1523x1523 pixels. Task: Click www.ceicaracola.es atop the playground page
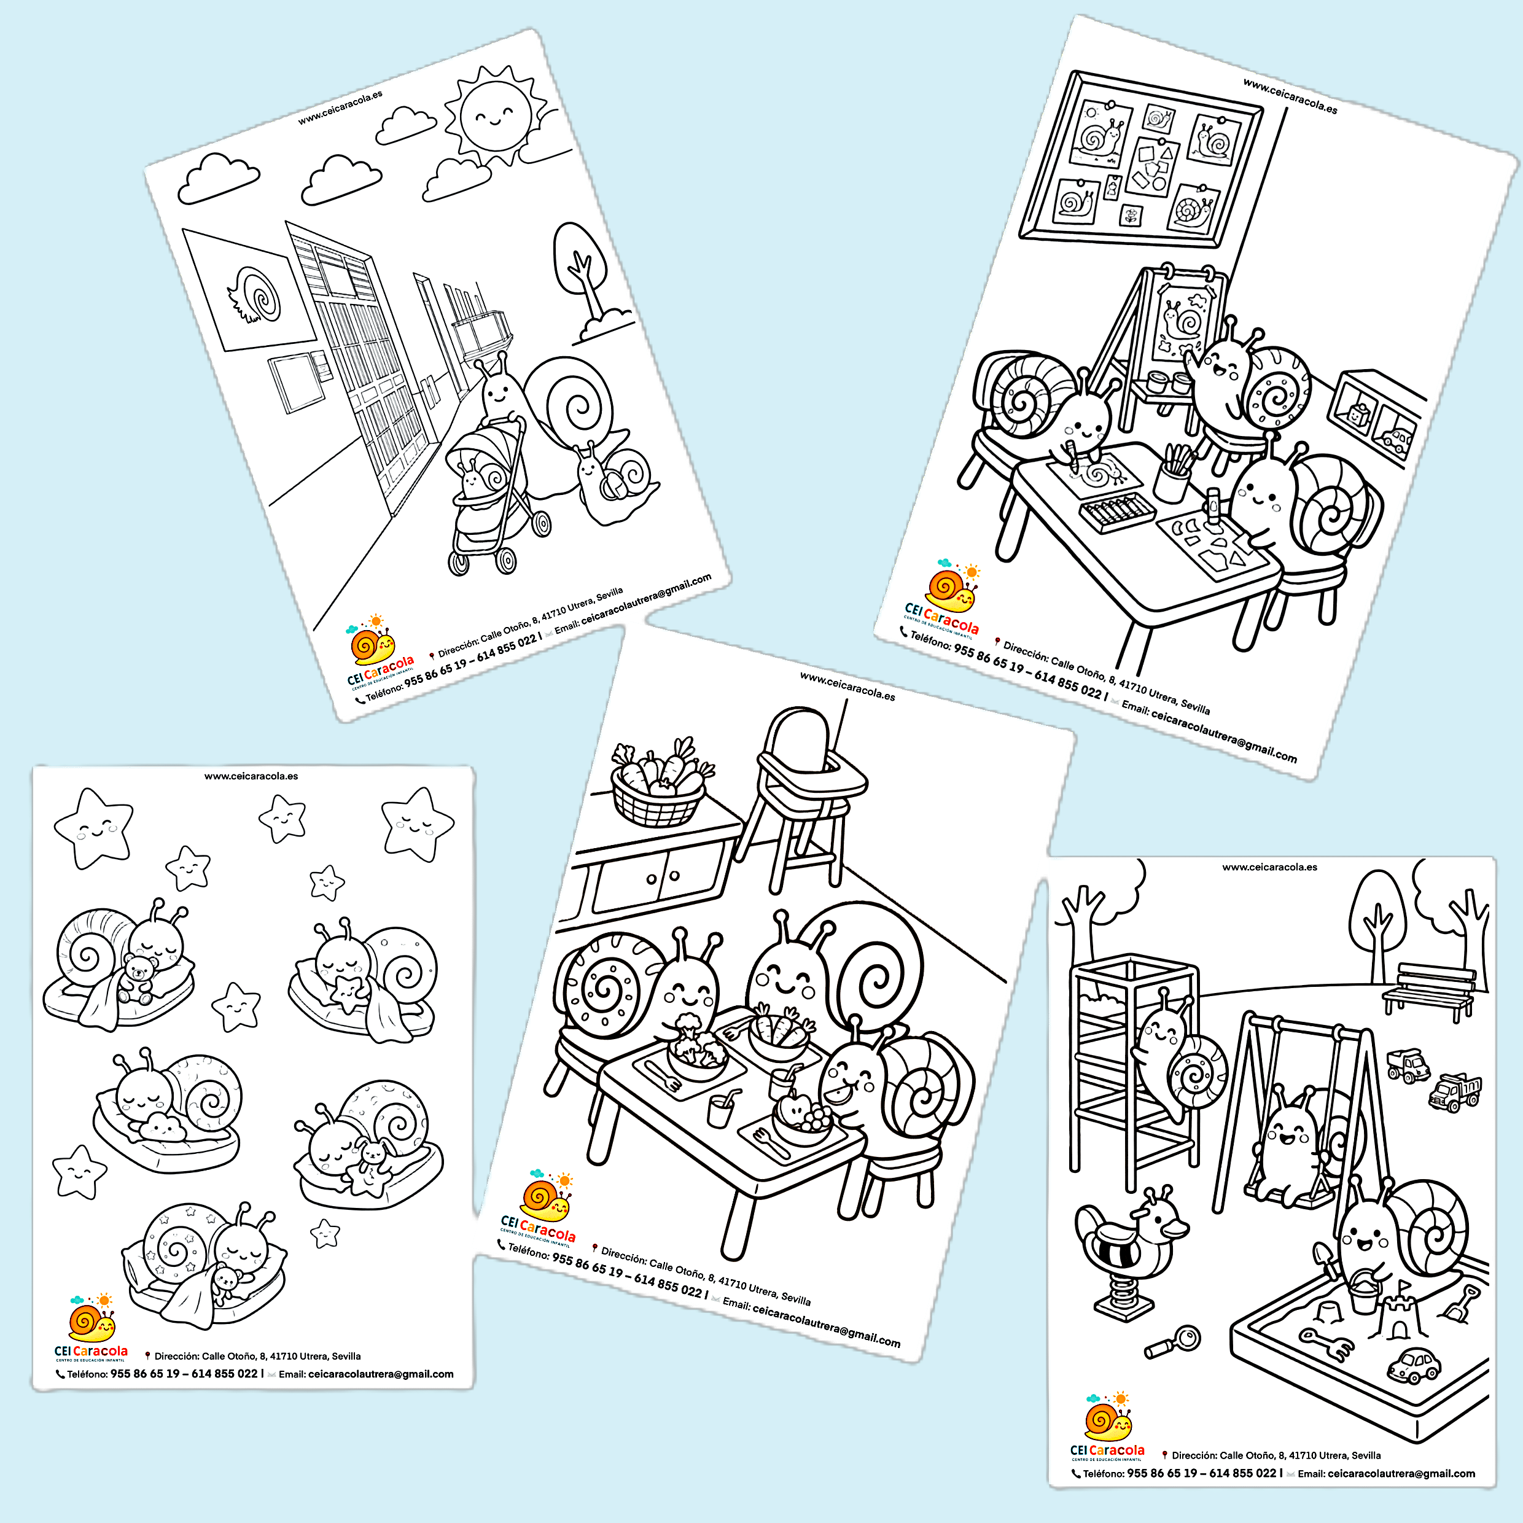[1269, 867]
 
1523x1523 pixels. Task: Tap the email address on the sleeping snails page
[380, 1374]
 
